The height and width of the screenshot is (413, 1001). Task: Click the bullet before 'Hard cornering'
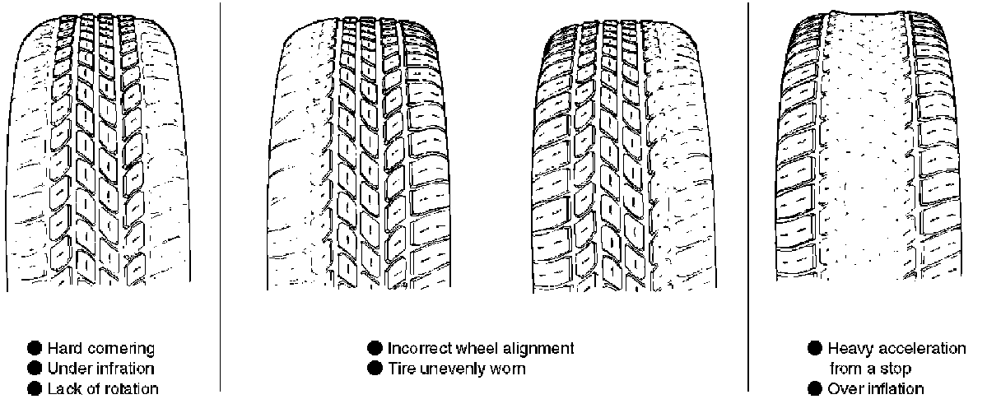(x=36, y=349)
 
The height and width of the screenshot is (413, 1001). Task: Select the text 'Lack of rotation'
(x=103, y=388)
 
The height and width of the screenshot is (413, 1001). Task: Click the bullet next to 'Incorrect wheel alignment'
(x=375, y=348)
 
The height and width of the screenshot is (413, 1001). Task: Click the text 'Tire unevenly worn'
(x=456, y=368)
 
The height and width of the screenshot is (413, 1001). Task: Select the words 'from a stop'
(x=869, y=369)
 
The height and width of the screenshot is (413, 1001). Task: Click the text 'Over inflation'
(x=876, y=388)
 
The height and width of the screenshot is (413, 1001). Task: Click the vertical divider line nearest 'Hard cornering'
(x=220, y=197)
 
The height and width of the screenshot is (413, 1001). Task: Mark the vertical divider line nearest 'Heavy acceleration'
(x=748, y=197)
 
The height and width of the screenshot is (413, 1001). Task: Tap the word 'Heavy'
(x=849, y=348)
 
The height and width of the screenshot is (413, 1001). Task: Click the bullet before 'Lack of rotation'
(x=36, y=388)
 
